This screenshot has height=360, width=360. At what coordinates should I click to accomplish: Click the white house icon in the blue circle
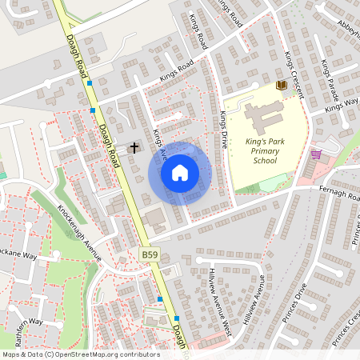pos(180,173)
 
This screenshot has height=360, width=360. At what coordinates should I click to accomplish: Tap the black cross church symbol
pos(134,147)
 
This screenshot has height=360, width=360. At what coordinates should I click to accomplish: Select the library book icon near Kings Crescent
pos(281,84)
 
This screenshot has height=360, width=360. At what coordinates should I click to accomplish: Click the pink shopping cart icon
pos(316,154)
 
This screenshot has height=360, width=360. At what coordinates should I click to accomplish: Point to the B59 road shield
pos(150,254)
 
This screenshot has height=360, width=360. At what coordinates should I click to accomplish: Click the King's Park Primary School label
pos(255,150)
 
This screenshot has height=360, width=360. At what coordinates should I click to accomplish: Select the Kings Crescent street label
pos(294,73)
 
